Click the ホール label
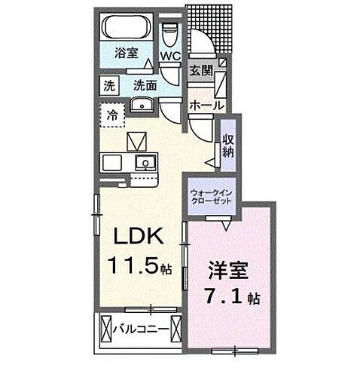(203, 106)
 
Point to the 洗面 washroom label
(145, 85)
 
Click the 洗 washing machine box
(110, 85)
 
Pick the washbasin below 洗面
(141, 105)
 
